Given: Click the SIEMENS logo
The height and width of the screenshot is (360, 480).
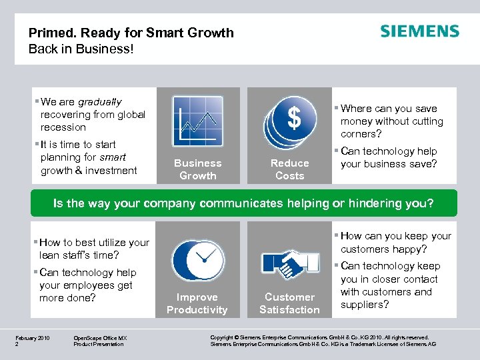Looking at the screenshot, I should [x=419, y=31].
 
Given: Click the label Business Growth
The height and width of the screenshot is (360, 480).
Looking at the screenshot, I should [x=197, y=169].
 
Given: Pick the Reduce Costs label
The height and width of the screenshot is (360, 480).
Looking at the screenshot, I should [x=290, y=169].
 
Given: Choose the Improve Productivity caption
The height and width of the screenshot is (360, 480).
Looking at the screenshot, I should [x=197, y=303].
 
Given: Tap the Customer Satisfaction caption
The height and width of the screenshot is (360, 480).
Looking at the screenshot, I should [x=289, y=303].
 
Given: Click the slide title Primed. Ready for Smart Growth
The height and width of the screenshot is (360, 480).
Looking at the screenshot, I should [x=131, y=33].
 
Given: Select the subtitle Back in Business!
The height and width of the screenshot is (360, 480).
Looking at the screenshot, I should [x=81, y=49].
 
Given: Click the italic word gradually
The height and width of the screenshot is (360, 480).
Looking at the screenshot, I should [x=100, y=102].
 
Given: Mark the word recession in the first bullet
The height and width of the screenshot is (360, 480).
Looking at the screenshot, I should [x=63, y=127].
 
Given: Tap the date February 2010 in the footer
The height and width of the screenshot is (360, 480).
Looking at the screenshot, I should [x=33, y=338].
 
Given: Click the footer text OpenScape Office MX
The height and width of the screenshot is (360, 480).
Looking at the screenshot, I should [x=100, y=338].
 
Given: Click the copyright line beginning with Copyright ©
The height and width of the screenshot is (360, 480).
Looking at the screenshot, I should [x=319, y=338].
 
